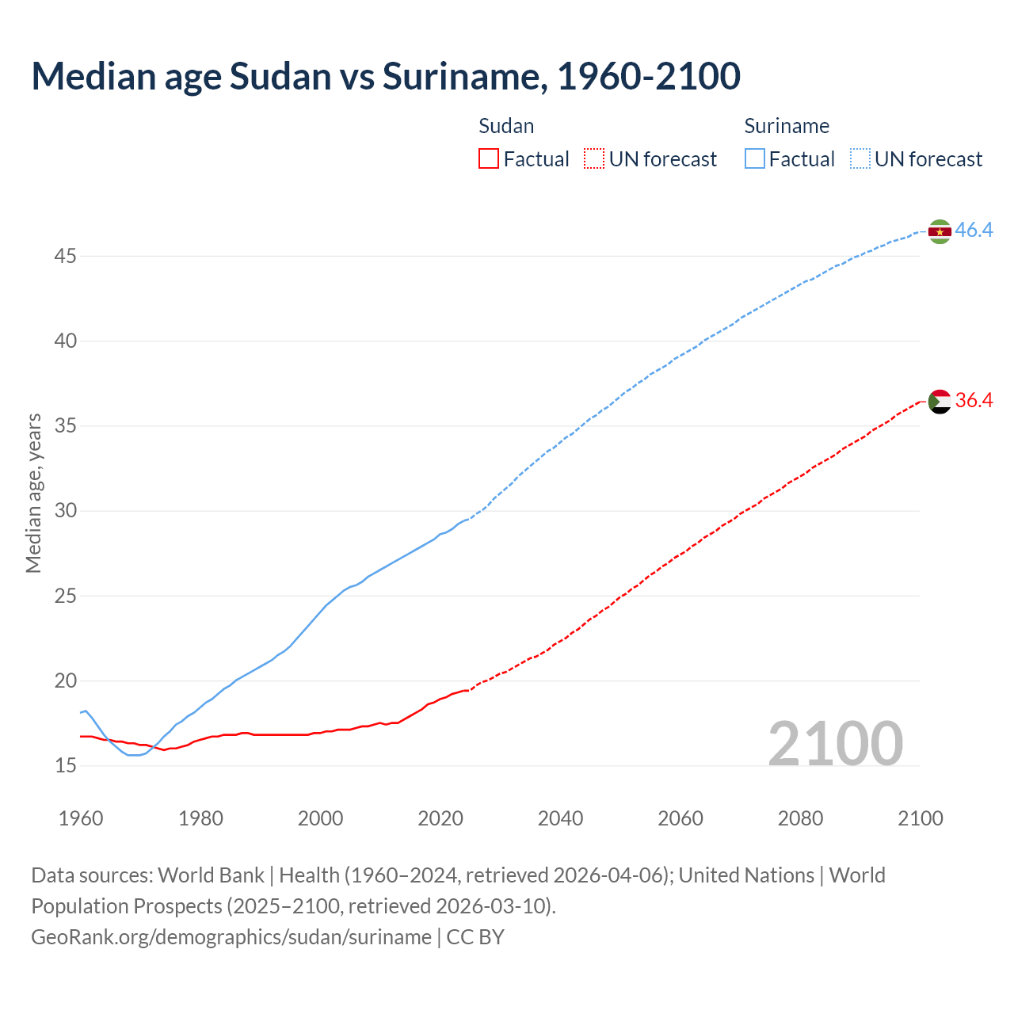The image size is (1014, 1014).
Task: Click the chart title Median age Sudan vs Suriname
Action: pos(386,76)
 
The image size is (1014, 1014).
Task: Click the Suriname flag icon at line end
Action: pos(940,231)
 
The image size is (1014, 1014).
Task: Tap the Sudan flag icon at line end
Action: pos(940,402)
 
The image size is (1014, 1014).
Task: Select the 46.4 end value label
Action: pos(974,231)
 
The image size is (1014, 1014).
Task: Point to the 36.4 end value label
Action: pos(974,401)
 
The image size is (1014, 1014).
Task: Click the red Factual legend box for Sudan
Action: pos(489,159)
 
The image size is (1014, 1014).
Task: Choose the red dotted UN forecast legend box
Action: pos(594,159)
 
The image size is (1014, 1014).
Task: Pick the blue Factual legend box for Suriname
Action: pos(755,159)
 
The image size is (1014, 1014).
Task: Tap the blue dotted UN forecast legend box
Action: pos(860,159)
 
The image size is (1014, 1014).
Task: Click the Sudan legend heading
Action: pos(506,126)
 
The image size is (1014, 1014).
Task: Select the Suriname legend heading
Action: pos(787,126)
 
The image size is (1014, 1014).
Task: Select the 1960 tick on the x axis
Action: pos(81,818)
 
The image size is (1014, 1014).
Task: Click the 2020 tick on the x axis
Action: pos(440,818)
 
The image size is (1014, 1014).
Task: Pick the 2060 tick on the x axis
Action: pos(680,818)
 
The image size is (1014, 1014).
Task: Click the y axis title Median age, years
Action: pos(33,493)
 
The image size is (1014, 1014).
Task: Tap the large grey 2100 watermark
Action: pos(835,743)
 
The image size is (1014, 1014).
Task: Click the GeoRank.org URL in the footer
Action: pos(231,937)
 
